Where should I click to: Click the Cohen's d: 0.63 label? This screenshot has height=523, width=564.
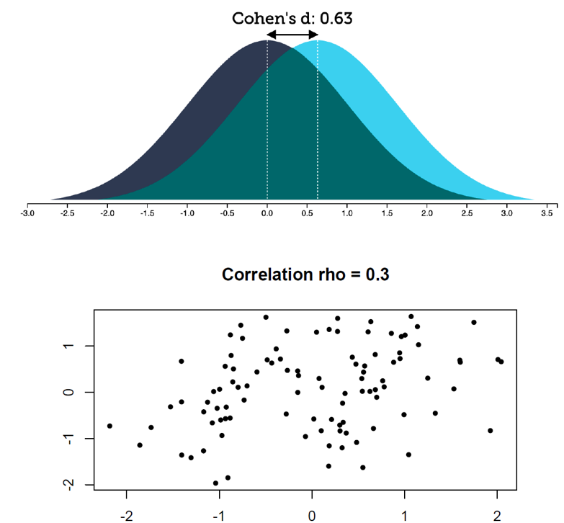[292, 18]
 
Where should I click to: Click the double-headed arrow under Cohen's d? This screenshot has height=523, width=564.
[292, 35]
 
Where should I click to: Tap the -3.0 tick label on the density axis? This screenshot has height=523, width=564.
[27, 213]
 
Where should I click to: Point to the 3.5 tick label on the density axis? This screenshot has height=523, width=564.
[547, 213]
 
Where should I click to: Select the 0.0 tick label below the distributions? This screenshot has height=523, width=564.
[267, 213]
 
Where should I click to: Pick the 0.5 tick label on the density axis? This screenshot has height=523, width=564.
[308, 213]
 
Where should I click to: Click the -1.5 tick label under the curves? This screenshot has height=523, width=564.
[147, 213]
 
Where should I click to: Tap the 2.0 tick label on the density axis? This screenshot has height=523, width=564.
[427, 213]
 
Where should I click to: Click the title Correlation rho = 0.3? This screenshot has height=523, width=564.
[305, 274]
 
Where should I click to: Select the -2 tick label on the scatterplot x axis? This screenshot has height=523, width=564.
[126, 516]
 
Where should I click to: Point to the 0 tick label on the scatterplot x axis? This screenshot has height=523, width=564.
[312, 516]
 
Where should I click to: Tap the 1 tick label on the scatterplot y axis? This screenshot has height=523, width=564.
[69, 346]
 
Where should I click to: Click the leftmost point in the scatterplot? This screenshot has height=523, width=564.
[109, 426]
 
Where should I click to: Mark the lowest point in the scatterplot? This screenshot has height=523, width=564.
[215, 483]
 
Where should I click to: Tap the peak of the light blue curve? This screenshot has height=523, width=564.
[318, 42]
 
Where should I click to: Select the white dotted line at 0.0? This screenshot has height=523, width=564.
[267, 122]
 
